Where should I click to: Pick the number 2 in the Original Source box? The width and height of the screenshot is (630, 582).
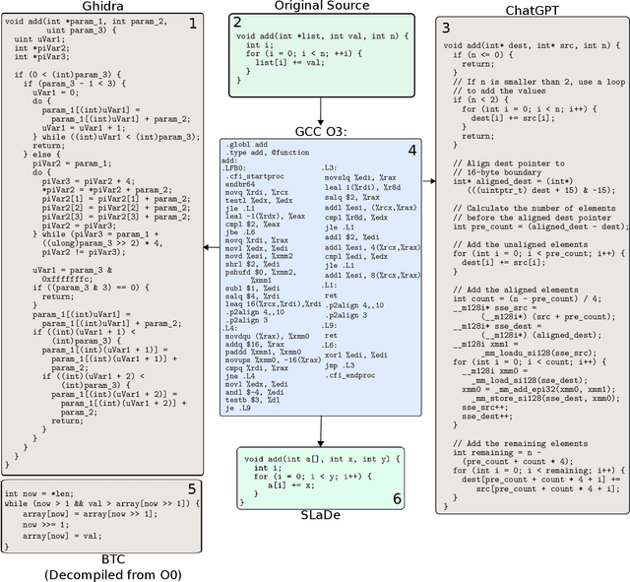(236, 22)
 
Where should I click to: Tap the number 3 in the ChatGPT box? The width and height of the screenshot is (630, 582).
(446, 28)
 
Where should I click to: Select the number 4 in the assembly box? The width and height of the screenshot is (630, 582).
(412, 150)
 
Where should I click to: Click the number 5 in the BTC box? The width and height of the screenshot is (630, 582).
(192, 487)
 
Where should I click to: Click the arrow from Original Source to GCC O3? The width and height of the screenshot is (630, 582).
(321, 109)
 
